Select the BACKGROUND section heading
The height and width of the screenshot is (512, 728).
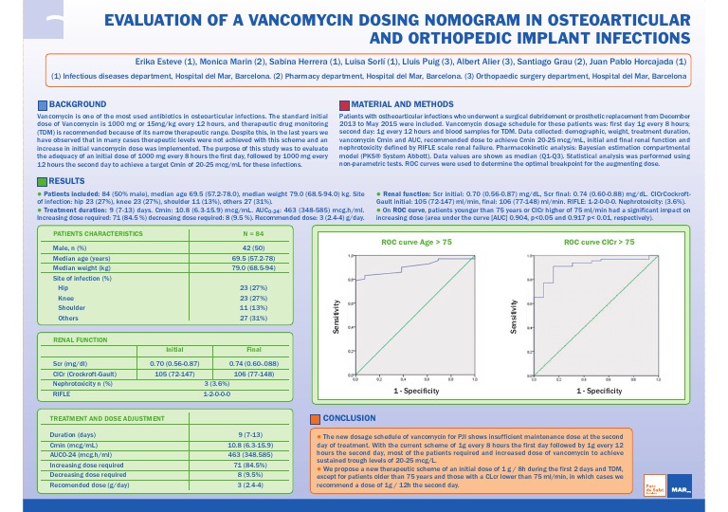pos(77,102)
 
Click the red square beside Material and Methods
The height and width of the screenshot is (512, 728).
pos(343,102)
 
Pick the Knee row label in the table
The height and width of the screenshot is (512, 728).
pos(66,299)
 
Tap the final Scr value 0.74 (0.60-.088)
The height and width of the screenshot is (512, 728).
pos(254,363)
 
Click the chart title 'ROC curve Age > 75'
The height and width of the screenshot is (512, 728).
pos(416,243)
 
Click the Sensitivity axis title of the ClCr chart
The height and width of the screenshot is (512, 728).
pos(514,314)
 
